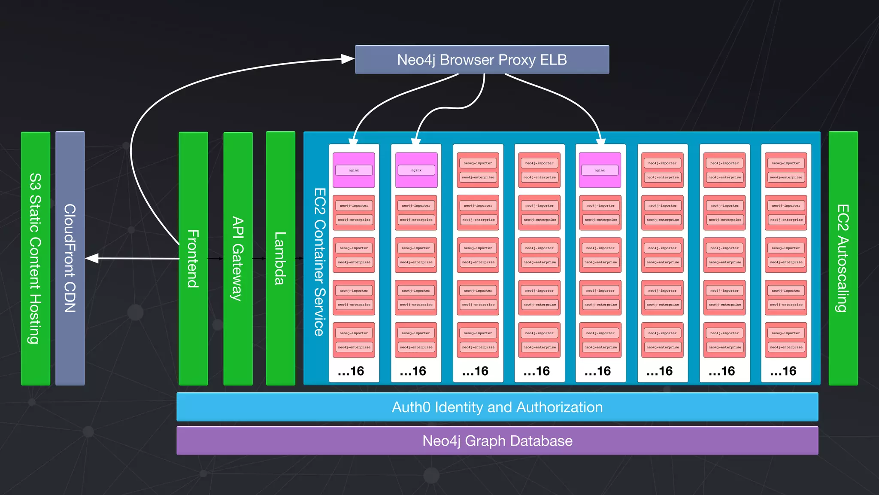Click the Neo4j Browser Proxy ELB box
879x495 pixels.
coord(482,60)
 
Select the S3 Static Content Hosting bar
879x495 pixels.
coord(36,258)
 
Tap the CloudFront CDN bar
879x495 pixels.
coord(70,258)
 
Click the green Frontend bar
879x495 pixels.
coord(193,258)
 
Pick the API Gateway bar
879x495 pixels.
coord(238,258)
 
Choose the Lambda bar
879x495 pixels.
coord(280,258)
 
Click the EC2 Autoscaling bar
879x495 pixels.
coord(843,258)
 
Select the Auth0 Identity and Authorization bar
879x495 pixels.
coord(497,407)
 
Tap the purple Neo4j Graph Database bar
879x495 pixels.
coord(497,441)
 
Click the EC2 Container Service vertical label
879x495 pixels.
coord(319,262)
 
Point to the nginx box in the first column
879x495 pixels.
coord(354,170)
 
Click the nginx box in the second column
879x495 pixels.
coord(416,170)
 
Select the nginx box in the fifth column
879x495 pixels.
coord(600,170)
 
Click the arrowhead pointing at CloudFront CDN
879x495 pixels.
coord(92,258)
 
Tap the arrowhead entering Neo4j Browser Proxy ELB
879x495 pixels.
coord(348,59)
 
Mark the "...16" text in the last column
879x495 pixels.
coord(783,371)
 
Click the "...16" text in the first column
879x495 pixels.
coord(351,371)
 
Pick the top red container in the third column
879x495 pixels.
coord(478,170)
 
